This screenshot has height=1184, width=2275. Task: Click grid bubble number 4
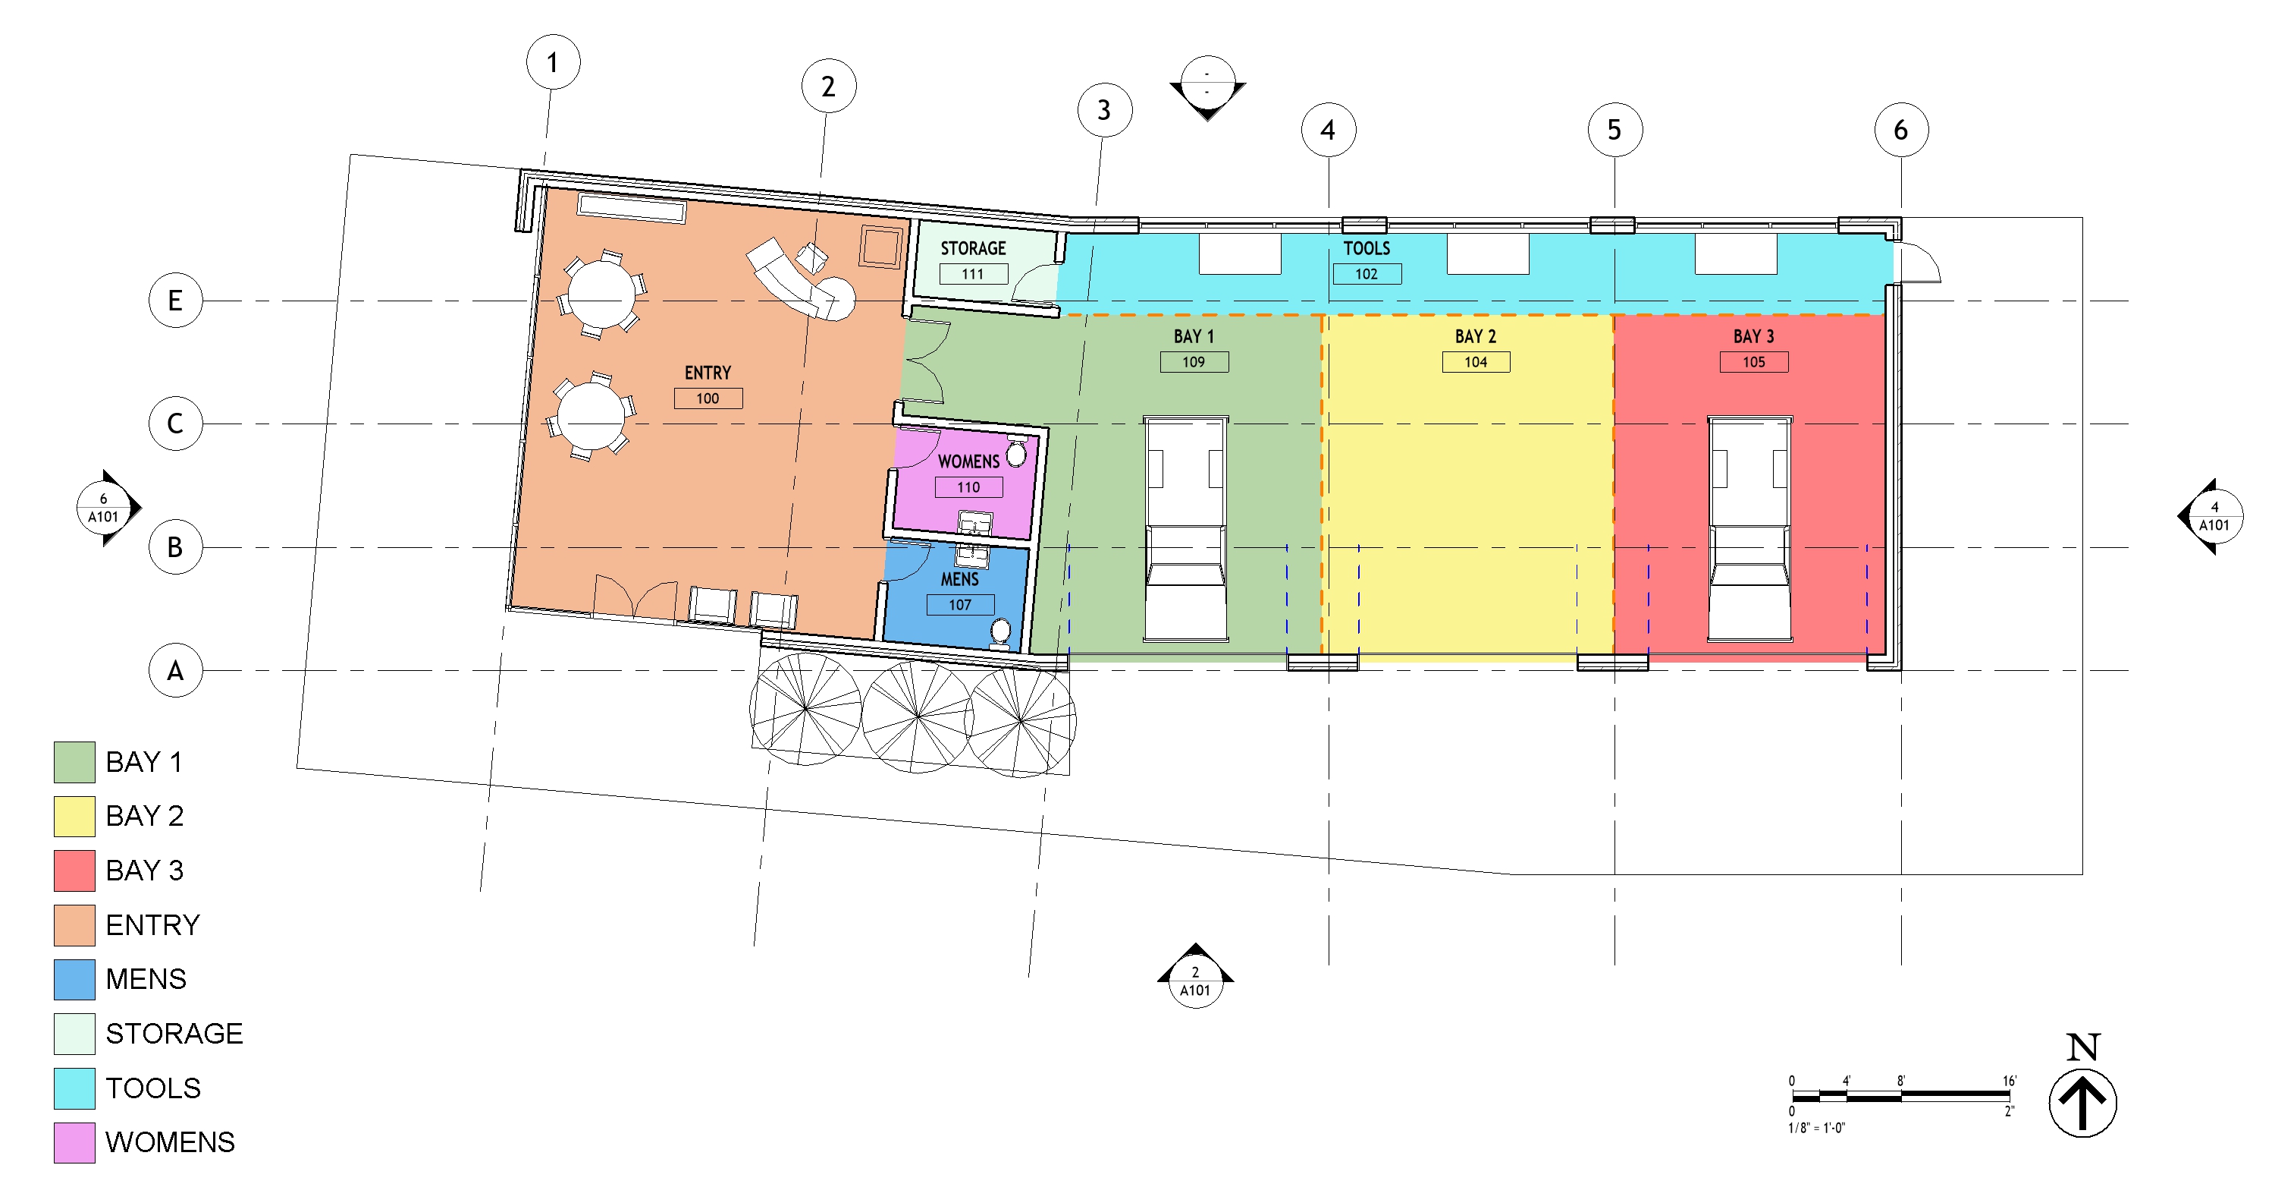1329,130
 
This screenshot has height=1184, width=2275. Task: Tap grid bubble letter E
175,301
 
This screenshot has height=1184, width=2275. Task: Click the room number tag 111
972,274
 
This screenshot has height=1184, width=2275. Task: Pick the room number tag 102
1367,274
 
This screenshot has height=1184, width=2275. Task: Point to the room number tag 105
1753,361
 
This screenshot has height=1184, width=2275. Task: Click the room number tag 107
959,604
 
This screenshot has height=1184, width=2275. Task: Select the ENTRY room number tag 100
708,398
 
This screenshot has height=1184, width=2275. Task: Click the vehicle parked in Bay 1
1185,528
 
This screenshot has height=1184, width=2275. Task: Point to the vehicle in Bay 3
1749,528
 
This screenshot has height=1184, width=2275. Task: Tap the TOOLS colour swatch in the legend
74,1088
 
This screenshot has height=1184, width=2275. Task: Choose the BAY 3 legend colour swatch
74,871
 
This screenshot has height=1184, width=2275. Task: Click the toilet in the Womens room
1016,452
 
